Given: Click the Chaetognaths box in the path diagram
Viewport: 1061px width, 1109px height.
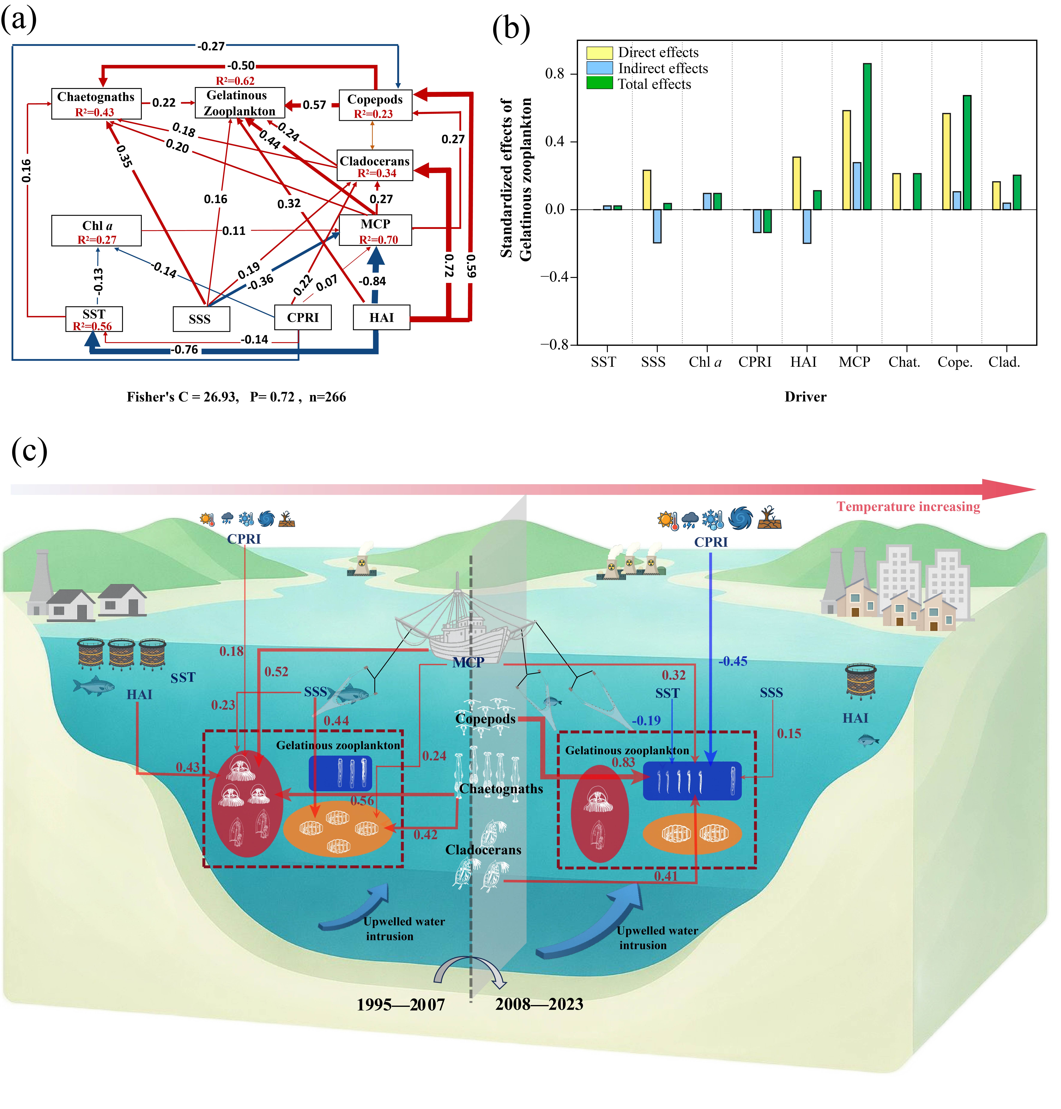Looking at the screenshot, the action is pyautogui.click(x=96, y=104).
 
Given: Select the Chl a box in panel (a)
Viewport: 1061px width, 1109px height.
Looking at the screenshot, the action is pyautogui.click(x=96, y=231).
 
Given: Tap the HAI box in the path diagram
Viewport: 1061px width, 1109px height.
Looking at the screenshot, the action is pyautogui.click(x=382, y=317).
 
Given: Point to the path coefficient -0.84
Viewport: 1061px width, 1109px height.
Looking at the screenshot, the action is pyautogui.click(x=372, y=281).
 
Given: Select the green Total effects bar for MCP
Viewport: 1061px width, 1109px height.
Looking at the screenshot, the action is pyautogui.click(x=867, y=136).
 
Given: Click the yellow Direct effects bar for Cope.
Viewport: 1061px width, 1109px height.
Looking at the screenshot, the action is pyautogui.click(x=946, y=162).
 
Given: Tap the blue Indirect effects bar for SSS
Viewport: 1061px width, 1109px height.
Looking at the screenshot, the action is pyautogui.click(x=657, y=226).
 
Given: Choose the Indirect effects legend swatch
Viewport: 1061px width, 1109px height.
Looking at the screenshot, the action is pyautogui.click(x=599, y=68).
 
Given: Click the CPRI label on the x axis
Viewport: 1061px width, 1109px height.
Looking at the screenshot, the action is pyautogui.click(x=755, y=362).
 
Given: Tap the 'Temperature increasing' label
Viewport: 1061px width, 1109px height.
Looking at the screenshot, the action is pyautogui.click(x=908, y=507).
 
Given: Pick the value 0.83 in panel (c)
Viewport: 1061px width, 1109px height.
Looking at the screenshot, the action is pyautogui.click(x=623, y=762).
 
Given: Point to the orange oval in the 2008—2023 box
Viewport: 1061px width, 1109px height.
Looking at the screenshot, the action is pyautogui.click(x=692, y=834).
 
